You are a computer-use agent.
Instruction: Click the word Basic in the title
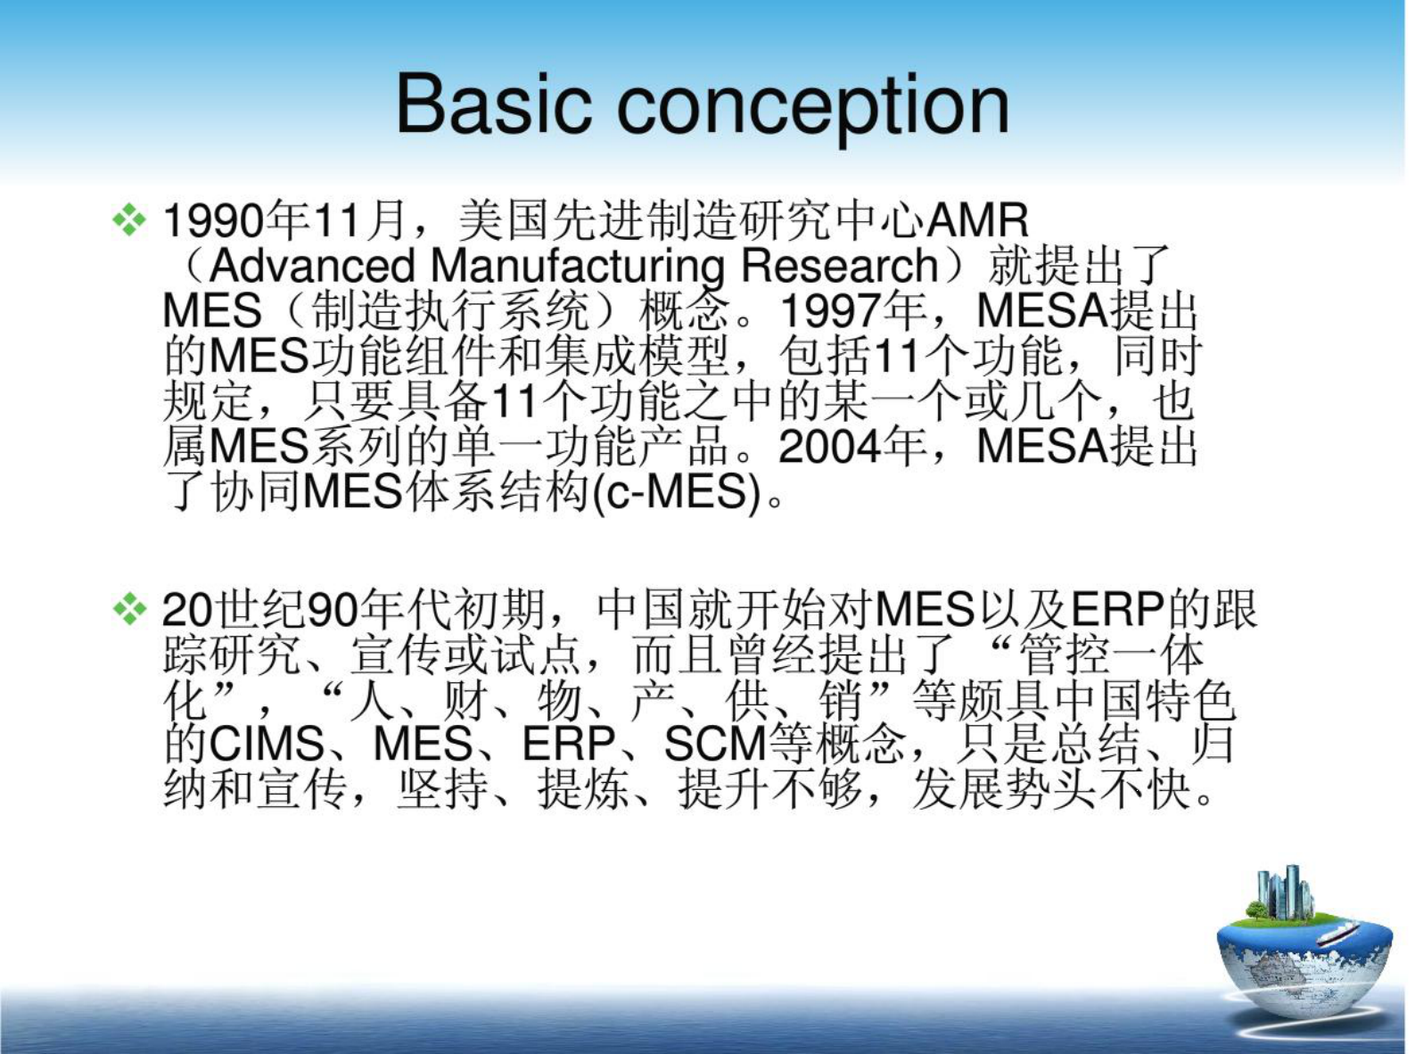tap(493, 104)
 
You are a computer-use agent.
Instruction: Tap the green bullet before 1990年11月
tap(129, 219)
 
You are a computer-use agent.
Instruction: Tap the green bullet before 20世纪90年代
tap(129, 609)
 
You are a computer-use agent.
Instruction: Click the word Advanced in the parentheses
tap(313, 266)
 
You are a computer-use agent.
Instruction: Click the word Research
tap(840, 266)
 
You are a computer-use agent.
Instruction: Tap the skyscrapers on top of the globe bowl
tap(1284, 892)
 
